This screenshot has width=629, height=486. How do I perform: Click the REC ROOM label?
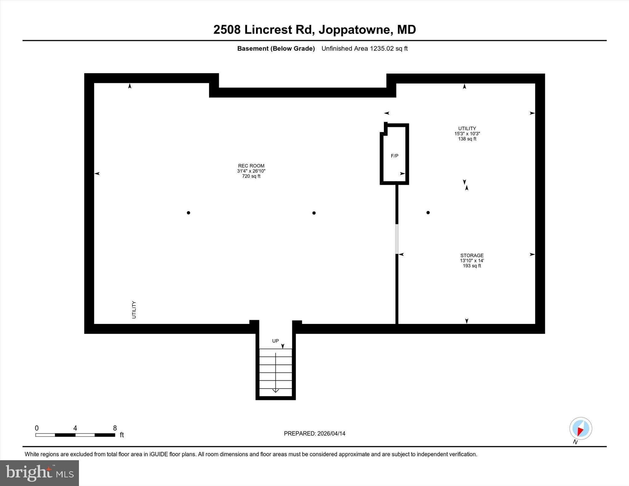click(x=251, y=166)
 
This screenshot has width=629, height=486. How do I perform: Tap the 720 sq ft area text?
click(x=251, y=176)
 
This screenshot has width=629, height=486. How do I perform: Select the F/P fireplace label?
click(x=394, y=156)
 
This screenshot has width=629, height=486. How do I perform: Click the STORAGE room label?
click(x=472, y=255)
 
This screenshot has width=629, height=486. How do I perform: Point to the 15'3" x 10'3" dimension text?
click(x=467, y=134)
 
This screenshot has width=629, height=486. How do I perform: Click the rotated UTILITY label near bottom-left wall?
click(x=134, y=309)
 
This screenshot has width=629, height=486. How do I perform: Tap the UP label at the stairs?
click(x=275, y=341)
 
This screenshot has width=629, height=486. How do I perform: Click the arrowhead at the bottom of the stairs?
click(x=275, y=391)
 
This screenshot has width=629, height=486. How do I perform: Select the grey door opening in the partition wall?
click(x=397, y=239)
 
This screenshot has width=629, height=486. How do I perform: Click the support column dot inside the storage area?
click(x=428, y=212)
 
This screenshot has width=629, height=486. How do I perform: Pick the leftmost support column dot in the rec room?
click(x=188, y=212)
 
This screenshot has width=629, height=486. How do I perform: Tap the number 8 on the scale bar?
click(x=115, y=428)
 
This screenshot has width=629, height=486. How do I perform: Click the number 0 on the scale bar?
click(x=37, y=428)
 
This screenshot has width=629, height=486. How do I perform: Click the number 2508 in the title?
click(x=227, y=30)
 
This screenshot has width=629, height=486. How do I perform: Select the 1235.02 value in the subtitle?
click(x=382, y=49)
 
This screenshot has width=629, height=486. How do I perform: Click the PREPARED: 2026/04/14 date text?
click(x=314, y=434)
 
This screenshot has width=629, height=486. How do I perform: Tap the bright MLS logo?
click(x=39, y=473)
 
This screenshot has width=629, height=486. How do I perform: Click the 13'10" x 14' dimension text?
click(x=472, y=261)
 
